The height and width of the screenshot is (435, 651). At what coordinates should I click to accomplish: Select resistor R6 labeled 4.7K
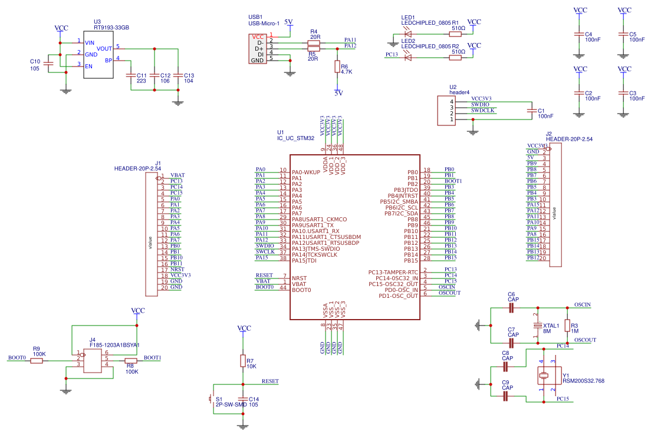tap(337, 67)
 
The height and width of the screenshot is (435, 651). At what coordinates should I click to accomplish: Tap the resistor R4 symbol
tap(314, 41)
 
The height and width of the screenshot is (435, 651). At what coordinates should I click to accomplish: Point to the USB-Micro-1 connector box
tap(257, 48)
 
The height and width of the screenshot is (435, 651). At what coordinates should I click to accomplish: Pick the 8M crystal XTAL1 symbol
tap(537, 326)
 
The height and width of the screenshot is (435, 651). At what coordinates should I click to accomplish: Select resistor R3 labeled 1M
tap(567, 326)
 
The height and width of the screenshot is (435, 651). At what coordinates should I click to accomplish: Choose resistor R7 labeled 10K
tap(242, 360)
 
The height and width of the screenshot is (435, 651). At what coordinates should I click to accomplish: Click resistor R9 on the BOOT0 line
tap(37, 360)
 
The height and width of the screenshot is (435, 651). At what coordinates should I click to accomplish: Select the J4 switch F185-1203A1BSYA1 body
tap(93, 361)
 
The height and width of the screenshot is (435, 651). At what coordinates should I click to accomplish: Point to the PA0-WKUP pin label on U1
tap(305, 172)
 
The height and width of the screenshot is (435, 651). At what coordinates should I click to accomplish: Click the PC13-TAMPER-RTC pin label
tap(393, 272)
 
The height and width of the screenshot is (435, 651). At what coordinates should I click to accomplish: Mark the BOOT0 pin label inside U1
tap(301, 290)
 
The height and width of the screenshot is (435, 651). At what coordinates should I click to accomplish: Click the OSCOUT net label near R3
tap(585, 340)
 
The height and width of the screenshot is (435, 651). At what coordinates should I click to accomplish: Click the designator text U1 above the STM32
tap(281, 132)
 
